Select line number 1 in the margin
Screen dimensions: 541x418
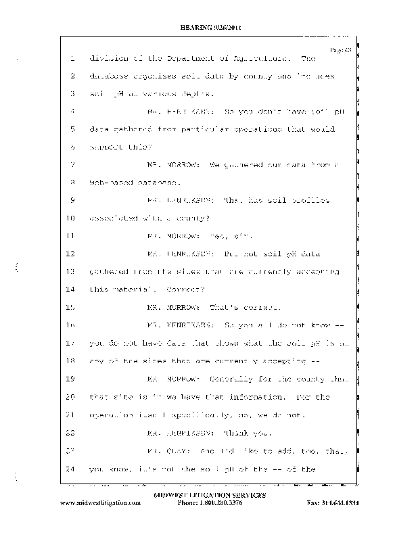71,59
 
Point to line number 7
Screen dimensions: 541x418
71,164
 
